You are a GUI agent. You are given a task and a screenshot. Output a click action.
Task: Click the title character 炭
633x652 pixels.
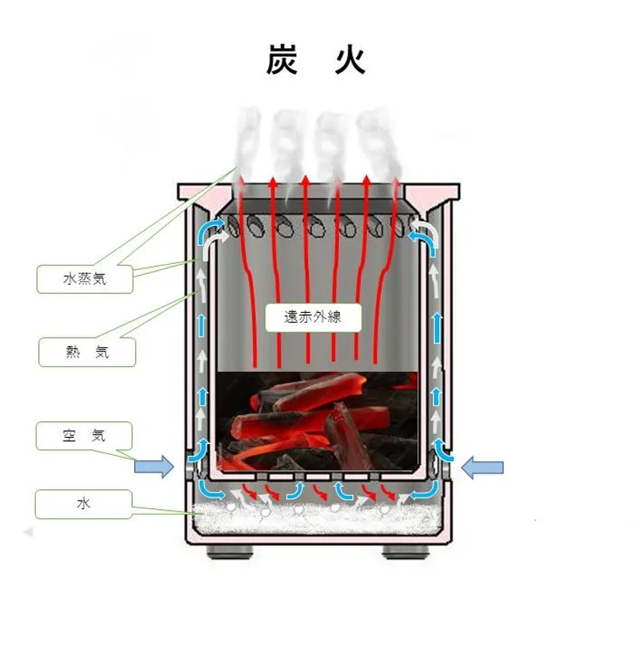tap(282, 61)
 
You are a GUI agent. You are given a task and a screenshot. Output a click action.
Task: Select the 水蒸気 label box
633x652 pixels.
tap(85, 279)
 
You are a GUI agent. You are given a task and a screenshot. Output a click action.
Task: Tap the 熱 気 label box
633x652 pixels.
tap(88, 352)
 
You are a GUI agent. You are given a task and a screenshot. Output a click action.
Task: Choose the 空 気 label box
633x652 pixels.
tap(84, 435)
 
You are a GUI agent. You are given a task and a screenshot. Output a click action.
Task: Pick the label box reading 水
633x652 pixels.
tap(84, 504)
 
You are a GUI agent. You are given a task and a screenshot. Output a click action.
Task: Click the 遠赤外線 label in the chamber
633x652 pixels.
tap(313, 317)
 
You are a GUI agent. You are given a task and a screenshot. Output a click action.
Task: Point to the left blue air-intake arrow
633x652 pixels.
tap(154, 467)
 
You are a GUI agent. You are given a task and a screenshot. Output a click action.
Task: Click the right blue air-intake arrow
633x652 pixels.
tap(483, 467)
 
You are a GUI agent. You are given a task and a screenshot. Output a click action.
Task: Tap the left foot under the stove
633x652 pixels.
tap(230, 552)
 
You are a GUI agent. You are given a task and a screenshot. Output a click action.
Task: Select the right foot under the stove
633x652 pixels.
tap(406, 552)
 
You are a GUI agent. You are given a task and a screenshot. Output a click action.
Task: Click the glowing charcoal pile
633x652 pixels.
tap(317, 421)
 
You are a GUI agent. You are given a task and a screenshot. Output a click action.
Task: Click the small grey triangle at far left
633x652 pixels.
tap(28, 532)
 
